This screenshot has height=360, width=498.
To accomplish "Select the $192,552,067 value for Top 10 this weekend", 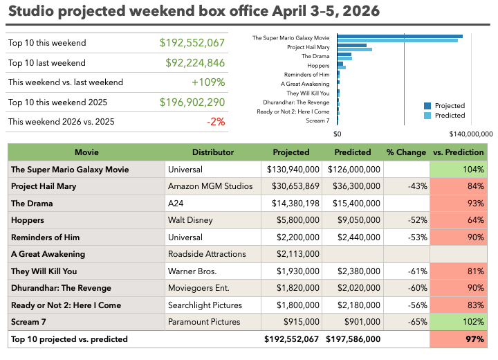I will point(192,43).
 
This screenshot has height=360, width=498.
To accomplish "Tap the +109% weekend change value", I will point(208,82).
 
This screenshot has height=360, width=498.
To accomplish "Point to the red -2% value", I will point(216,122).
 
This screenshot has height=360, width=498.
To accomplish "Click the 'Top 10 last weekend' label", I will point(47,63).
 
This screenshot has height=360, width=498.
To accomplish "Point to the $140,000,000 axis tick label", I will point(470,134).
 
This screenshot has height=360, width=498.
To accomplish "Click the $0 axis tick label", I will point(338,134).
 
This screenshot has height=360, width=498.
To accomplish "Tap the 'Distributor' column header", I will point(213,152).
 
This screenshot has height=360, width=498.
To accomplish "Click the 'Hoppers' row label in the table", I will point(28,220).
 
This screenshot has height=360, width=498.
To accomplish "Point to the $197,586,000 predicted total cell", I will point(353,339).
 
